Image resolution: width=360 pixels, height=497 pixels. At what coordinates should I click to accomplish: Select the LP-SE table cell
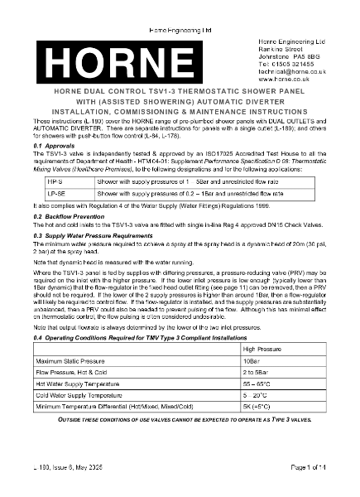point(63,192)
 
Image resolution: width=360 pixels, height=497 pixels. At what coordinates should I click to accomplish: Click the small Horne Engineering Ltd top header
point(180,7)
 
